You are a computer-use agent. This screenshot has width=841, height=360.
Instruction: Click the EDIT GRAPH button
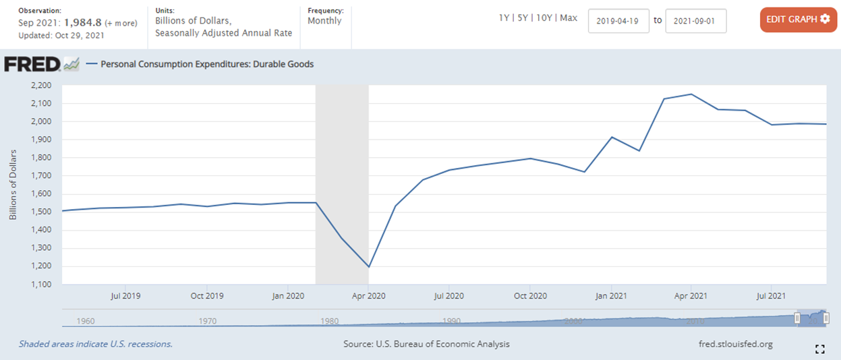point(798,20)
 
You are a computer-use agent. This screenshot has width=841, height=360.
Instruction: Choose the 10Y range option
point(544,18)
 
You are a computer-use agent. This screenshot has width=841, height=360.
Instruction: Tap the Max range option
point(569,18)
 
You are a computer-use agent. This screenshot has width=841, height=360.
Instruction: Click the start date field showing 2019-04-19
point(618,21)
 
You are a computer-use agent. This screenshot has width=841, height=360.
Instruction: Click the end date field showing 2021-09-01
point(695,21)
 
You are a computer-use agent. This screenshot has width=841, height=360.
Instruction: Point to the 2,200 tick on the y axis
point(41,86)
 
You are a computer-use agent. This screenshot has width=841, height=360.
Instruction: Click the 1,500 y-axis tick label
point(41,212)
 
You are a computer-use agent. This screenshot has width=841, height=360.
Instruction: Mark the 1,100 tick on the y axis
point(41,284)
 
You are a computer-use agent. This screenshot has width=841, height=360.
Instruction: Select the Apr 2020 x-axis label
point(368,296)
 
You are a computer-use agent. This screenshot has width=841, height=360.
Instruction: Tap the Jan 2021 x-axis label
point(610,296)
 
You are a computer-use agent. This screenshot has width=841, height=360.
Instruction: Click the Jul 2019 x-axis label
point(125,296)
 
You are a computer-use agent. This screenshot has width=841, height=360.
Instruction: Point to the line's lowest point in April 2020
point(368,266)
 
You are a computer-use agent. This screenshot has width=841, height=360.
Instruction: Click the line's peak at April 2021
point(691,94)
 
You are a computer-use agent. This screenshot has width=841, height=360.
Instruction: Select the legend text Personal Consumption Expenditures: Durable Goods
point(207,65)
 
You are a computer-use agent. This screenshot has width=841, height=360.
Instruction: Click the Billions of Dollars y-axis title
point(13,185)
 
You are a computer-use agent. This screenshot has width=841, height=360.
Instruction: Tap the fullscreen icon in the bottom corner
point(820,349)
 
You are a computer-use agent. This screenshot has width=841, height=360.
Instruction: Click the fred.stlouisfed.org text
point(736,344)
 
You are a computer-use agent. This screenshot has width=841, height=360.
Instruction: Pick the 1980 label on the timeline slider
point(329,321)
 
